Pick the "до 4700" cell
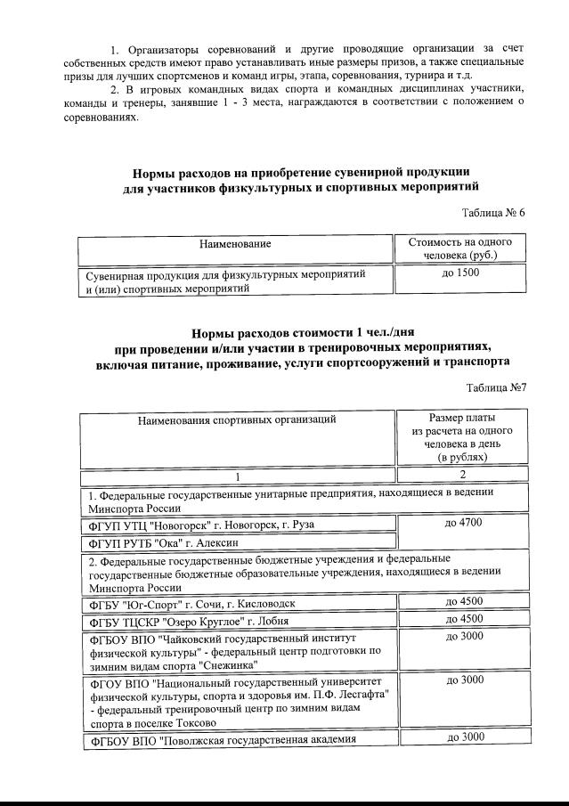[x=463, y=522]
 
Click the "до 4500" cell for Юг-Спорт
[x=463, y=601]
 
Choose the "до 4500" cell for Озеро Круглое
[x=463, y=619]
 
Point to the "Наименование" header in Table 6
[x=235, y=243]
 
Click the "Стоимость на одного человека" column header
[x=459, y=248]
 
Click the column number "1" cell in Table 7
[x=236, y=475]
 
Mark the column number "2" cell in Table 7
[x=463, y=474]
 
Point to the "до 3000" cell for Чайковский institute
[x=463, y=637]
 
